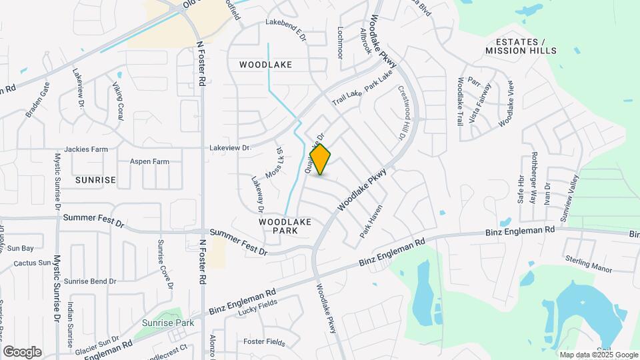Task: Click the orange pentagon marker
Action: (x=320, y=160)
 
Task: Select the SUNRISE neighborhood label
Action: (x=95, y=180)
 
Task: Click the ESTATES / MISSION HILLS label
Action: (x=520, y=46)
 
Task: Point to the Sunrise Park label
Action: (x=167, y=323)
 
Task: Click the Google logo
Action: (x=22, y=351)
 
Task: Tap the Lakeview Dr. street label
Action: (x=229, y=147)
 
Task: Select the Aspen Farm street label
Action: (x=149, y=161)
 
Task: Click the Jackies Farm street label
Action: (x=86, y=149)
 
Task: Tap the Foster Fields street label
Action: (x=263, y=341)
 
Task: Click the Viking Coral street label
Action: (x=118, y=101)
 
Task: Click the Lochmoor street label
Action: (x=340, y=42)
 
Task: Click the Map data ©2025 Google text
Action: (x=599, y=355)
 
